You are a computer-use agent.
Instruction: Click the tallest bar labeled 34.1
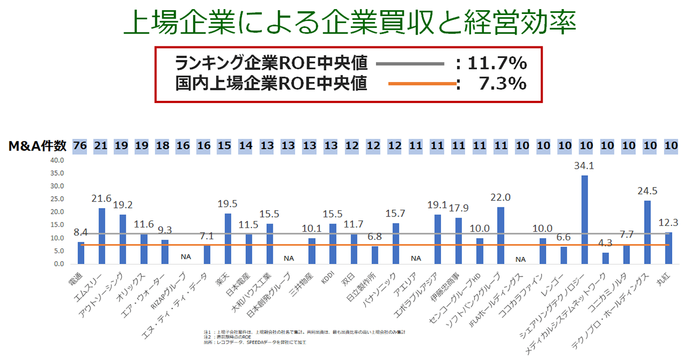584,220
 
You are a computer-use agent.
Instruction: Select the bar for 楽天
227,239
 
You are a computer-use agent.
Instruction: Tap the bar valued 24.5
647,232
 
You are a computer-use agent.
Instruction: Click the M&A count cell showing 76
80,145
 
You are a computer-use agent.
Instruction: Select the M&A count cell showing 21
101,145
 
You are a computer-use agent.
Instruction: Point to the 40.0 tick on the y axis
57,161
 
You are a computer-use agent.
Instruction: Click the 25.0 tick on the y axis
57,199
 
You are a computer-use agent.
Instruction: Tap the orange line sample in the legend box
422,84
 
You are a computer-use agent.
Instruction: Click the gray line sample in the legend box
410,64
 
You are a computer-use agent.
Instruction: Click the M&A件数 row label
37,146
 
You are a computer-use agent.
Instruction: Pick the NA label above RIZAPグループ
185,258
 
